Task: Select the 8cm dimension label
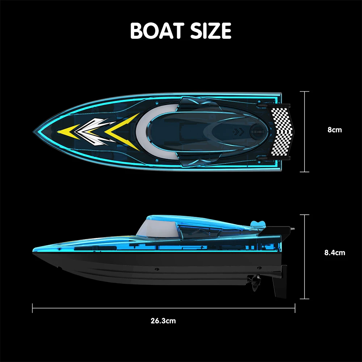[x=334, y=130]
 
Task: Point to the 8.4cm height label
[x=334, y=253]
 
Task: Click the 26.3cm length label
[x=163, y=320]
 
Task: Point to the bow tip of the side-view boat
[x=34, y=249]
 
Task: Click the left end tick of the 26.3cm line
[x=33, y=308]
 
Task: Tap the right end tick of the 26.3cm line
[x=295, y=308]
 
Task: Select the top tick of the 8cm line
[x=304, y=92]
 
